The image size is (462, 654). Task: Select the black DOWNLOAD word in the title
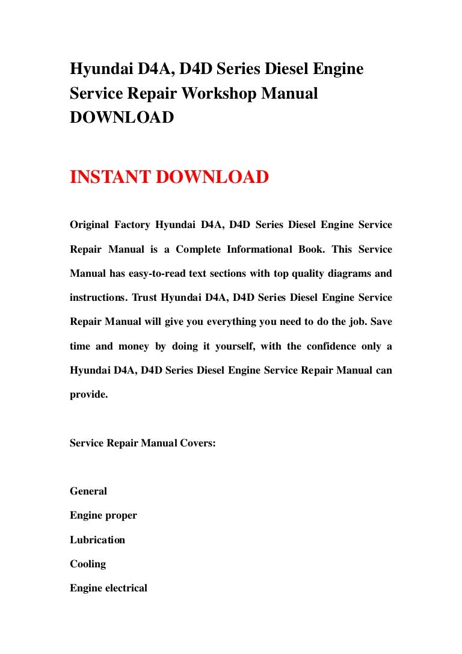tap(122, 117)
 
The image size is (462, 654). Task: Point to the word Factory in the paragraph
tap(134, 225)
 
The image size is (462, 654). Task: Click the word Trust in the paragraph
tap(144, 297)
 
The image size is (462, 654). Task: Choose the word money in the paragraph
tap(133, 346)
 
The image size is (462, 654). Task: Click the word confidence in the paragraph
tap(330, 346)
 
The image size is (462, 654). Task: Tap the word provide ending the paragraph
tap(89, 395)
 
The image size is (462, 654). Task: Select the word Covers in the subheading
tap(197, 443)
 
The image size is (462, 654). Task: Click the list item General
tap(88, 491)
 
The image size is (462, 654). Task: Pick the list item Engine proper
tap(103, 516)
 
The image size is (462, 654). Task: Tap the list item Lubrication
tap(97, 540)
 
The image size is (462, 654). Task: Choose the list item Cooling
tap(88, 564)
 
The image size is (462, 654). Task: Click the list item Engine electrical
tap(108, 588)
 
